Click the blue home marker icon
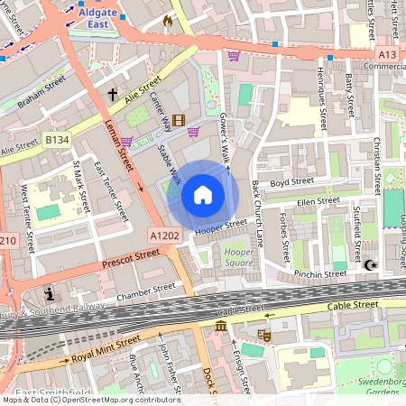click(x=203, y=194)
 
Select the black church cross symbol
click(x=114, y=94)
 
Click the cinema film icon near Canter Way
click(x=179, y=120)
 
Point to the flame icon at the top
click(x=167, y=19)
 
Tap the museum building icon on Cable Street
click(x=220, y=325)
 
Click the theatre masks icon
click(x=264, y=335)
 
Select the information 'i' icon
click(x=48, y=294)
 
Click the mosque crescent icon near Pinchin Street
click(x=370, y=265)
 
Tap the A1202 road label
click(x=164, y=234)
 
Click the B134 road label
click(x=57, y=140)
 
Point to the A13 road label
click(x=388, y=54)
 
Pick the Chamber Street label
click(x=145, y=290)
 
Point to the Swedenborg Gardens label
click(x=384, y=385)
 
